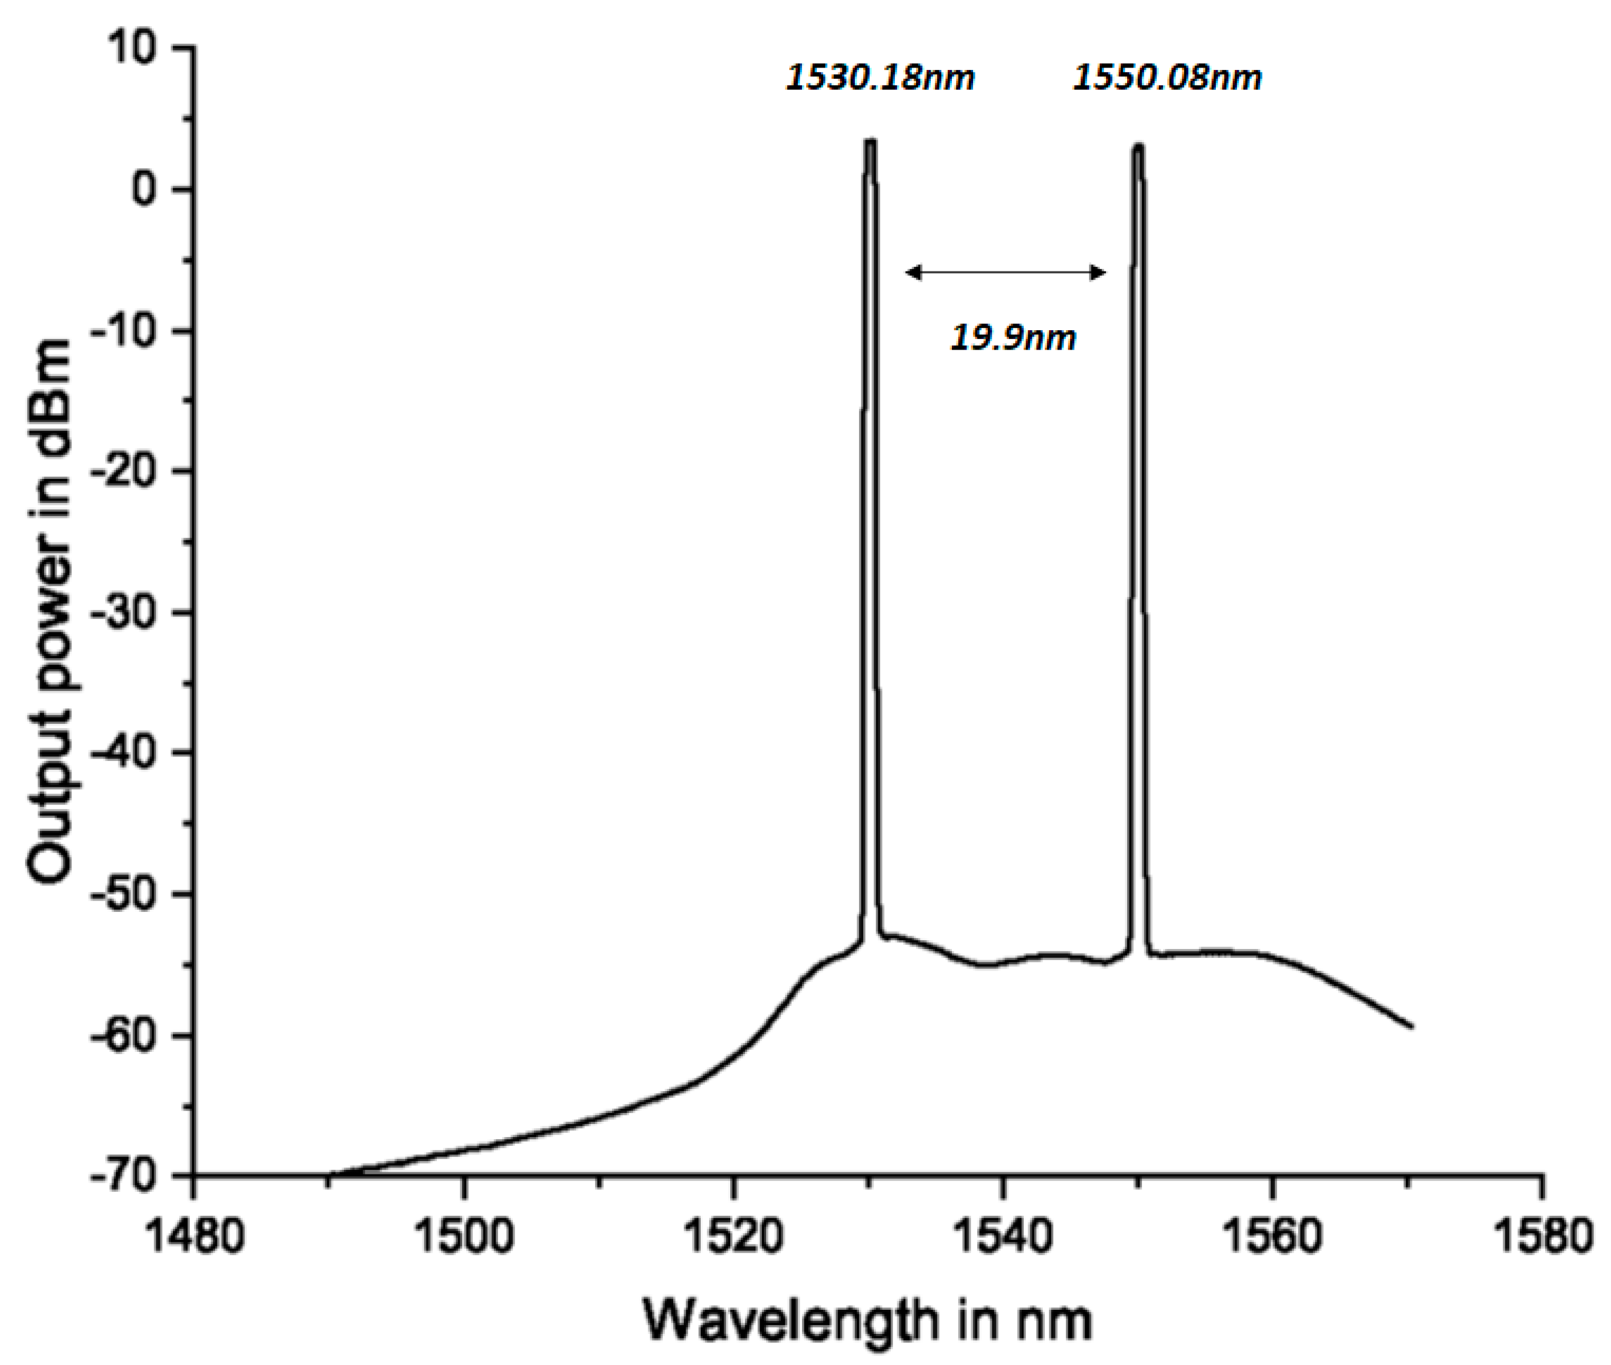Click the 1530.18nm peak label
(x=880, y=78)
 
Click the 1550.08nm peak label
(x=1167, y=78)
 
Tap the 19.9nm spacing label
(x=1012, y=337)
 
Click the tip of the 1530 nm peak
(x=870, y=142)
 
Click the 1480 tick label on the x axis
(x=194, y=1236)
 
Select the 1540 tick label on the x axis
(x=1002, y=1236)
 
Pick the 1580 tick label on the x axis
(x=1542, y=1236)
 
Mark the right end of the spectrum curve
(x=1413, y=1027)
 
